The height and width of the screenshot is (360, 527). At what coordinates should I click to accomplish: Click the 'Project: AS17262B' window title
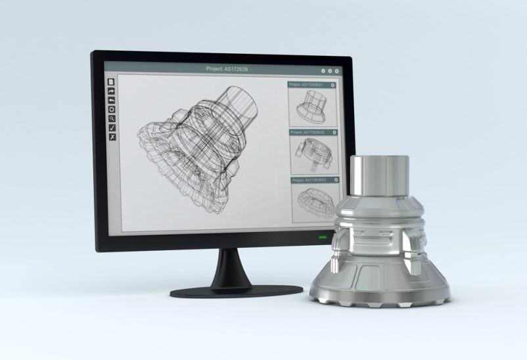[228, 69]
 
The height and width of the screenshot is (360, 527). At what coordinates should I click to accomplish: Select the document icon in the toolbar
[112, 82]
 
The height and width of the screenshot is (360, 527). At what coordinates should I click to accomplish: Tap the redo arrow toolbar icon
[112, 91]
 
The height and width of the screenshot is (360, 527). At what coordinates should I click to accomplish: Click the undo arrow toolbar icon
[112, 101]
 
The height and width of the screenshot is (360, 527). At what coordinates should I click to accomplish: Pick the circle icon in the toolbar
[112, 110]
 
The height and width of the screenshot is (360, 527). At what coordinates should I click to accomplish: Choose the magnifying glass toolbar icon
[112, 119]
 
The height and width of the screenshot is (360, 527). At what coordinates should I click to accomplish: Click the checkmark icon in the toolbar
[112, 127]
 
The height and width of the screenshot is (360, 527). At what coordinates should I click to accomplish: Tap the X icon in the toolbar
[112, 137]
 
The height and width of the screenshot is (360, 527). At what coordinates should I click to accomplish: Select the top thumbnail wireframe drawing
[313, 106]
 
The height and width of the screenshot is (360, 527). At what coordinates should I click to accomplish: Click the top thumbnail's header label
[308, 85]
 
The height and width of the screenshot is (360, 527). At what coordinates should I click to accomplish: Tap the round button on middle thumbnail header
[333, 133]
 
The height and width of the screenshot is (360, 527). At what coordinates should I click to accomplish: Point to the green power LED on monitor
[323, 237]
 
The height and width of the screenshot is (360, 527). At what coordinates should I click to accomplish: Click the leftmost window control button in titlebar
[323, 70]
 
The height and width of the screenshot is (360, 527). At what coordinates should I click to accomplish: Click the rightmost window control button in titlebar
[337, 70]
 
